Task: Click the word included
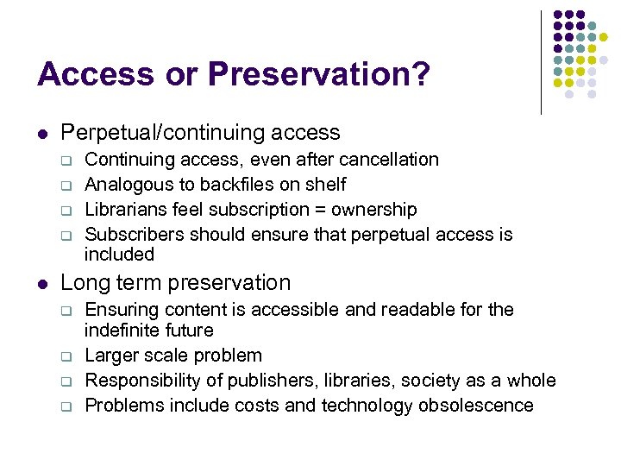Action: [x=119, y=255]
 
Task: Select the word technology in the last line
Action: [x=367, y=406]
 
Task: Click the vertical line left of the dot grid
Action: [x=541, y=62]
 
